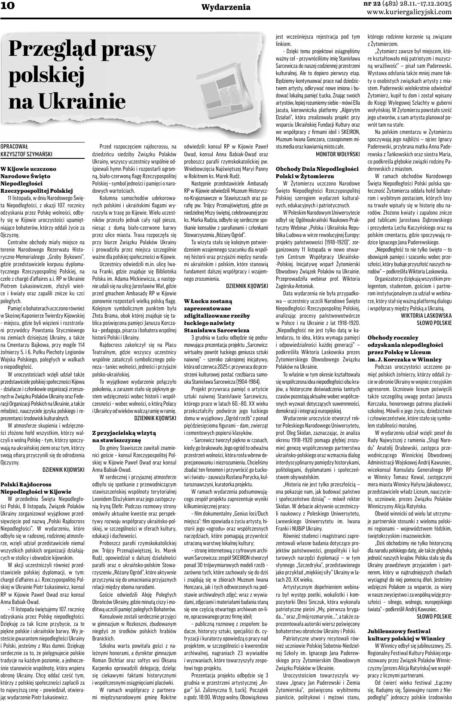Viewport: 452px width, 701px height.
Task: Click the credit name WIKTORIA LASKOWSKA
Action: pos(426,315)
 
